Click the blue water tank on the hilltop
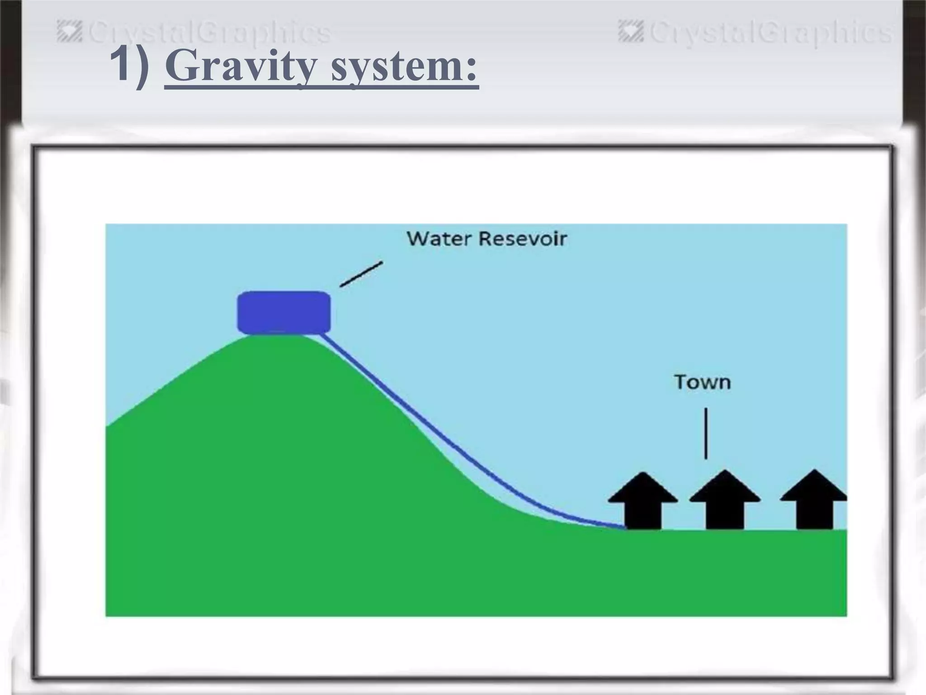(284, 313)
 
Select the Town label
(702, 382)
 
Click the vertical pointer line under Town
(706, 433)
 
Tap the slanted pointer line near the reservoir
(361, 274)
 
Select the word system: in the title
(404, 68)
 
